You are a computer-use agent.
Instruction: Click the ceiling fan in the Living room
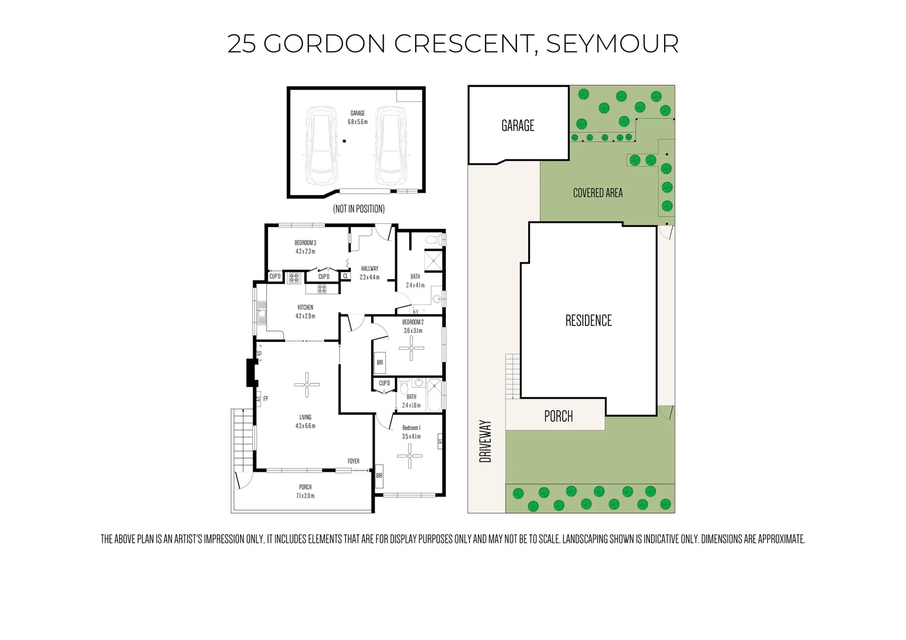point(307,385)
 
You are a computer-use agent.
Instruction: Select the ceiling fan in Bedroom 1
point(410,456)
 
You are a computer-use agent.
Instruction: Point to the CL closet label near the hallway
point(346,276)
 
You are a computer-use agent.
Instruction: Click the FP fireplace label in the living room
point(266,399)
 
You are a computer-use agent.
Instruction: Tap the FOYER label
point(353,461)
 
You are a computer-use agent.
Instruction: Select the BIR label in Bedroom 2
point(379,362)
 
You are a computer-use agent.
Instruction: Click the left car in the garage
point(321,146)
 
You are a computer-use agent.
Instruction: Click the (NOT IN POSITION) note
point(359,209)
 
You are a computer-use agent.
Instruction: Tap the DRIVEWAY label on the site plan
point(486,441)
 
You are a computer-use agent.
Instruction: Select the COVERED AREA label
point(598,193)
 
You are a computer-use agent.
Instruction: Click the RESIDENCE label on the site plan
point(588,321)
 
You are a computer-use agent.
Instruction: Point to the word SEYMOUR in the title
point(612,44)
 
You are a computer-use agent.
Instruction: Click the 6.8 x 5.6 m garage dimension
point(358,122)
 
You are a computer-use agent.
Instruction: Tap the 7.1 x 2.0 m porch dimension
point(305,495)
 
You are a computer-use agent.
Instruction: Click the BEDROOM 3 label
point(305,243)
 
